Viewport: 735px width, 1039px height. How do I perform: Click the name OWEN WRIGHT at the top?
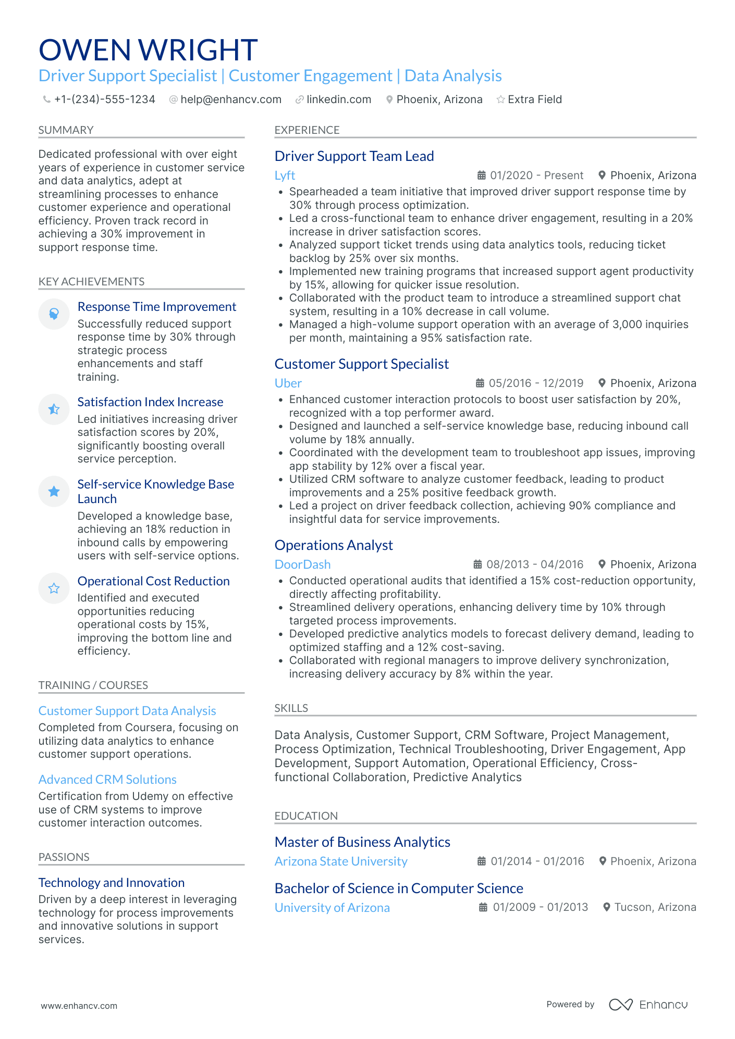coord(148,51)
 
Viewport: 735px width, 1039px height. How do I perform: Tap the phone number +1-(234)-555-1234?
coord(104,99)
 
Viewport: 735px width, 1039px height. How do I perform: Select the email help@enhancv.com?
coord(230,99)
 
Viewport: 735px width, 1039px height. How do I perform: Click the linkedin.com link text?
coord(338,99)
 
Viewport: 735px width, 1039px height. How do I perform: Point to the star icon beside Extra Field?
coord(500,99)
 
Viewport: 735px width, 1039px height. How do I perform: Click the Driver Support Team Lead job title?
coord(354,156)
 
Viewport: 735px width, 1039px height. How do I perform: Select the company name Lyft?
coord(285,176)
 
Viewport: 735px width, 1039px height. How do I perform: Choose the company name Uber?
coord(288,383)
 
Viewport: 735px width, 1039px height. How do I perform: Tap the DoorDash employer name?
coord(302,565)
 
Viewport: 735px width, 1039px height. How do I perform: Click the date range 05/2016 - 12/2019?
coord(535,383)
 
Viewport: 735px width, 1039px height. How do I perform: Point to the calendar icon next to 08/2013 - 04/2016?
coord(477,565)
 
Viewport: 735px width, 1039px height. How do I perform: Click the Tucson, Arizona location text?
coord(655,907)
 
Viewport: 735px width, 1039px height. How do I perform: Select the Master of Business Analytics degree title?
coord(362,842)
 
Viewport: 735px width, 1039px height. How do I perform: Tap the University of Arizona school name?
coord(332,908)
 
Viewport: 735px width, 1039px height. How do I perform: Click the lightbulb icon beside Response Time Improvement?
coord(54,314)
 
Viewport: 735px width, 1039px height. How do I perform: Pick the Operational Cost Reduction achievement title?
coord(153,581)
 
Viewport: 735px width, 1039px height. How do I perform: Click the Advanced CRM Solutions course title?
coord(107,780)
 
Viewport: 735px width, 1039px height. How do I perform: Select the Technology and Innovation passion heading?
coord(112,883)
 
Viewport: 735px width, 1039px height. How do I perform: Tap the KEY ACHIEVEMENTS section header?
coord(91,282)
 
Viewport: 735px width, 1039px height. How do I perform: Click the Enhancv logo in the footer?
coord(648,1005)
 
